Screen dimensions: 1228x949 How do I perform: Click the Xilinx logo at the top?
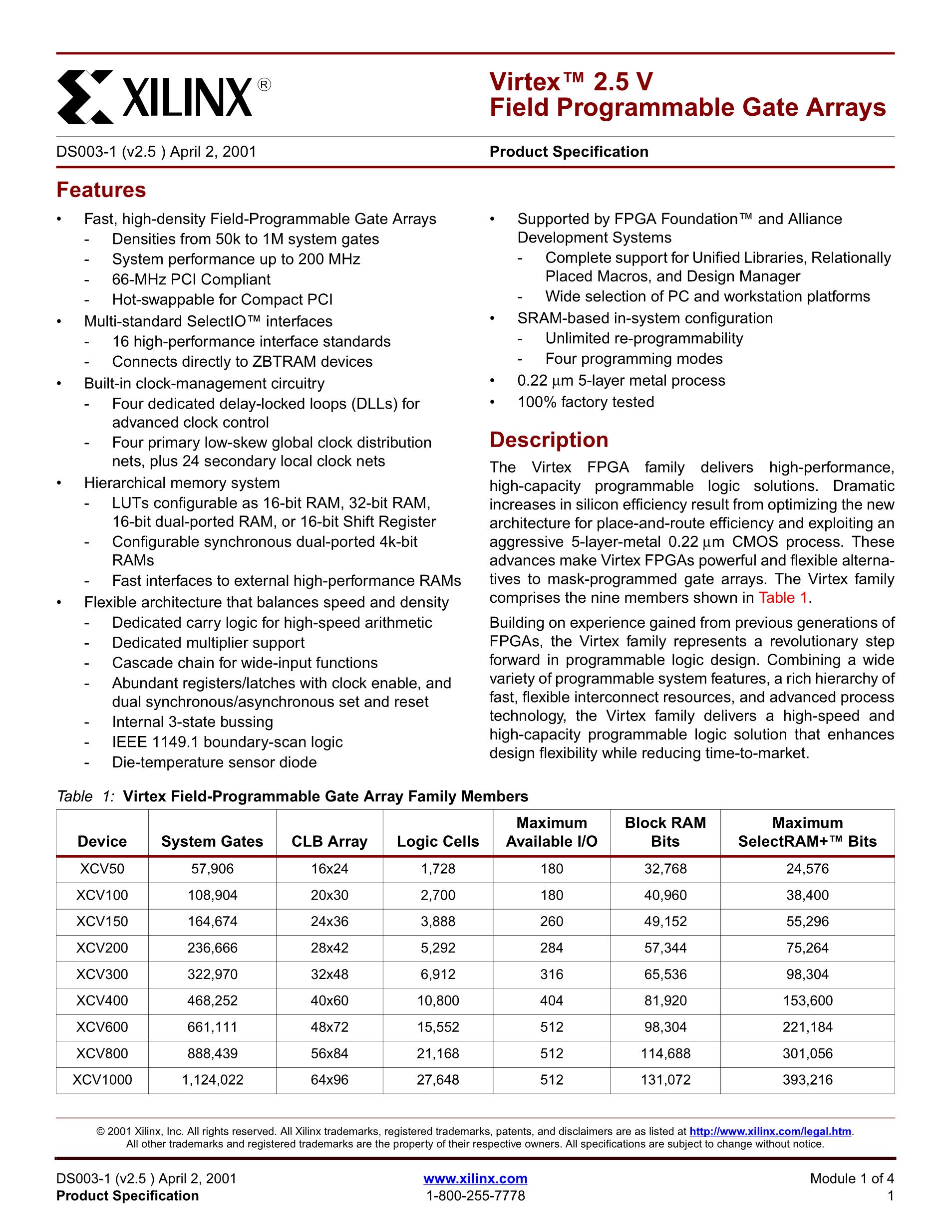[163, 96]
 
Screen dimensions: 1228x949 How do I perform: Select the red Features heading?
[101, 190]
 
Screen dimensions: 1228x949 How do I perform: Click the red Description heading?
[549, 440]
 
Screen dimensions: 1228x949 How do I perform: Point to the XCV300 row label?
[102, 975]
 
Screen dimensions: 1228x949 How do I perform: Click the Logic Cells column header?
[438, 841]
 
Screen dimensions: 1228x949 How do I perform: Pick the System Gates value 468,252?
[212, 1001]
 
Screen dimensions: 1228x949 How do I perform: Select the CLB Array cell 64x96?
[329, 1080]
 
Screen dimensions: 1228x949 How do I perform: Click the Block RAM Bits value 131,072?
[665, 1080]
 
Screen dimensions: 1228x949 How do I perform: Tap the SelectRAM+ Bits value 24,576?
[807, 869]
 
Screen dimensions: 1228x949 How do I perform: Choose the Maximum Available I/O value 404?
[551, 1001]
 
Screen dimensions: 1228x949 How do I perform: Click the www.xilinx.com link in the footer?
[475, 1179]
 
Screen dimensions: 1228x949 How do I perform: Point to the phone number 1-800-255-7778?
[475, 1196]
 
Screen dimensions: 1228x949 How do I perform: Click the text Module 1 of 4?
[852, 1179]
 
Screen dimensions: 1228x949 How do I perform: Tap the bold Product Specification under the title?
[569, 152]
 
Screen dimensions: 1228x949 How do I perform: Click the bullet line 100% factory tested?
[586, 402]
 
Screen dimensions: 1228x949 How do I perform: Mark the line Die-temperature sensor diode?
[214, 762]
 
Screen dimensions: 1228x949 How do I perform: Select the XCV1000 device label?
[102, 1080]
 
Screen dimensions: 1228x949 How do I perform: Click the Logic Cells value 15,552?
[438, 1027]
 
